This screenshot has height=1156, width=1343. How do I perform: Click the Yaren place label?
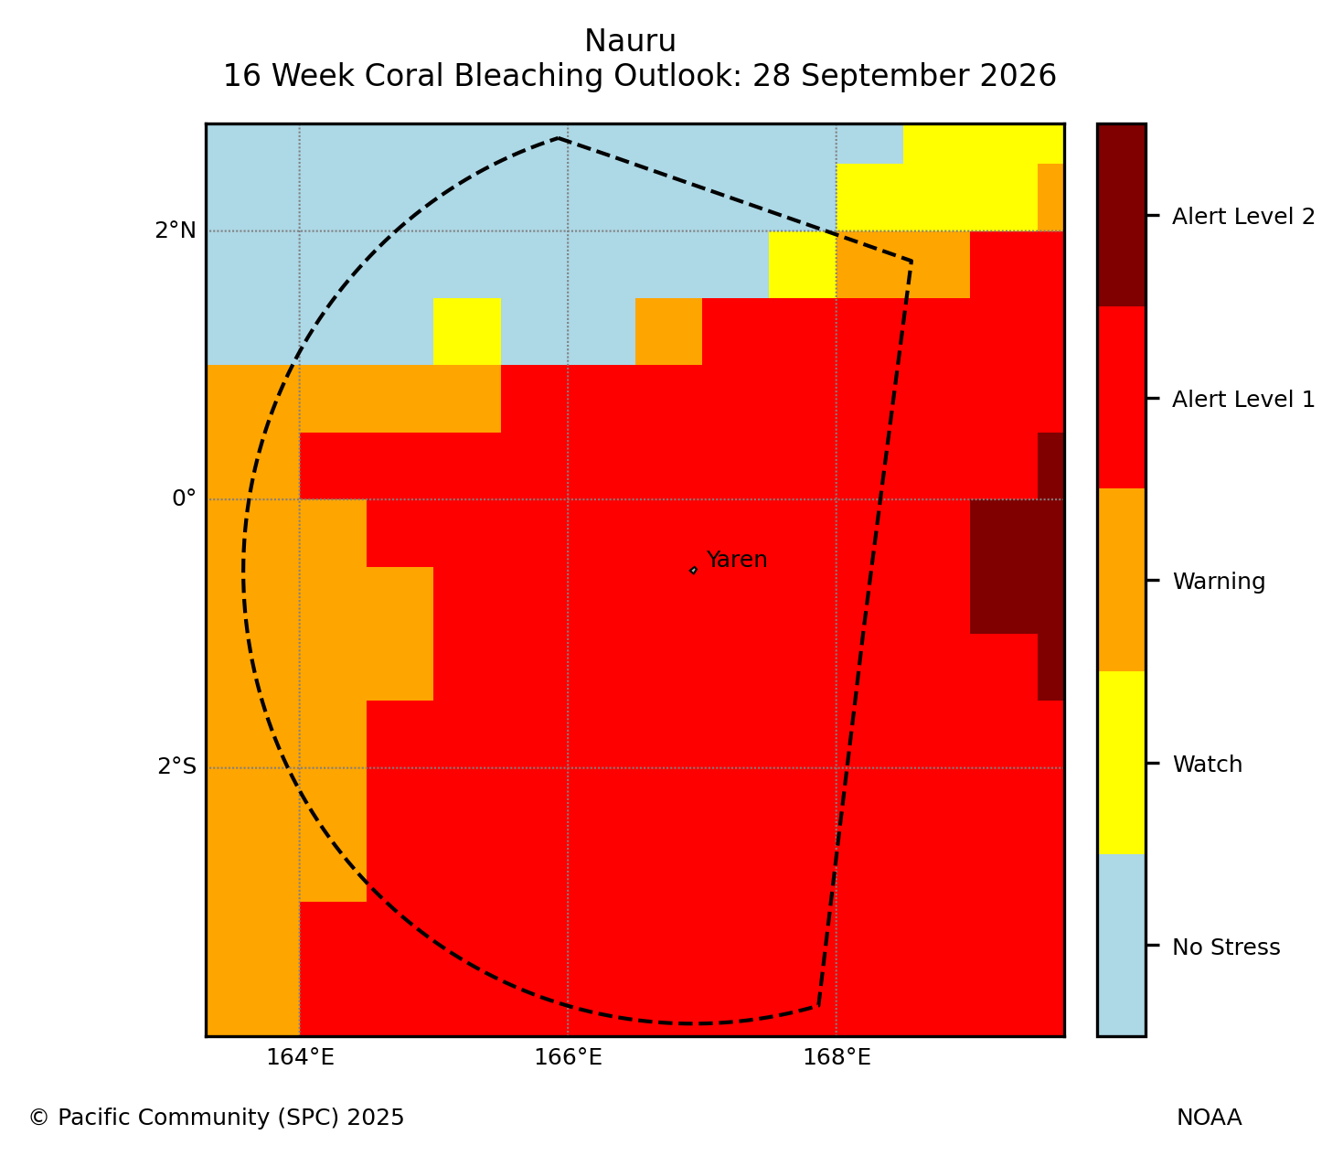click(736, 560)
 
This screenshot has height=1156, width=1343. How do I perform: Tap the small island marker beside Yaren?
click(693, 571)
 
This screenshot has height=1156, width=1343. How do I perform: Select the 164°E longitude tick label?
click(300, 1058)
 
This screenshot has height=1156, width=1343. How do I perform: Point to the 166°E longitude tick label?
click(568, 1058)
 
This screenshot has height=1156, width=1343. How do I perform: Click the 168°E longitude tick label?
click(837, 1058)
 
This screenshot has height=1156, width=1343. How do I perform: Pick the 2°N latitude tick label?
click(176, 230)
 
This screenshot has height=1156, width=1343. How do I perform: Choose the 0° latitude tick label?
click(184, 498)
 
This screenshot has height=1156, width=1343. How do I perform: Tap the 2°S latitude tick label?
click(176, 766)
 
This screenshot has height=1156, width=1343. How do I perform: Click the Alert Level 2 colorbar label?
click(1243, 217)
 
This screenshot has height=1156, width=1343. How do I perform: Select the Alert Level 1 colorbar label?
click(1243, 399)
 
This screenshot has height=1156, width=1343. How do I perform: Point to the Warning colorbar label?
click(1219, 582)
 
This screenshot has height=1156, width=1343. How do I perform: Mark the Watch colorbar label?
click(1207, 765)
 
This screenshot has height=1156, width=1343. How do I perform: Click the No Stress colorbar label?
click(1226, 947)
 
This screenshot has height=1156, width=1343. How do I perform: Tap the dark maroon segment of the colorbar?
click(1122, 215)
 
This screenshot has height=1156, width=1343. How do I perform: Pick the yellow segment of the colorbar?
click(1122, 763)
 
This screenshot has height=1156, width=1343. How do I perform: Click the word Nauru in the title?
click(630, 41)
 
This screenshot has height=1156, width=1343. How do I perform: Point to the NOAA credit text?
click(1210, 1118)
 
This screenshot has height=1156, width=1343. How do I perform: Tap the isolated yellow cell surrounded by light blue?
click(467, 331)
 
